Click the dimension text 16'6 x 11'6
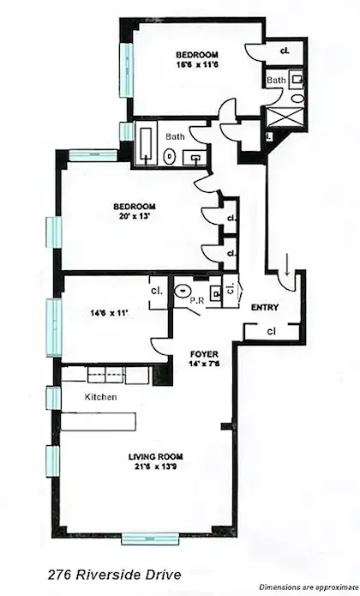coord(190,63)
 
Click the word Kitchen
coord(100,397)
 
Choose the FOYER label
coord(205,352)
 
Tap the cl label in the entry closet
coord(270,329)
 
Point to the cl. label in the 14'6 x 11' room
coord(157,290)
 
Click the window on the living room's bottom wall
coord(151,538)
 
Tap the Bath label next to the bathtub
coord(175,136)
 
